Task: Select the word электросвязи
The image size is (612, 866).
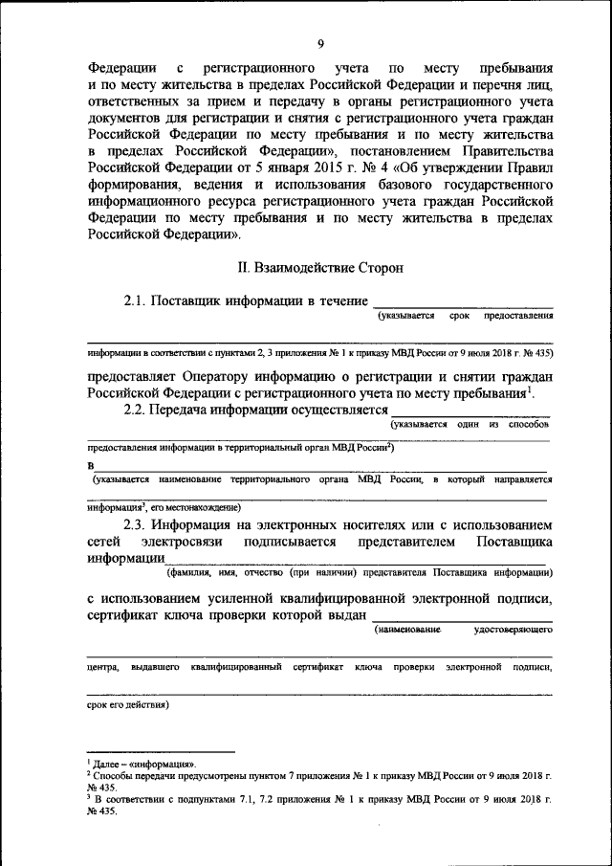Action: pyautogui.click(x=181, y=541)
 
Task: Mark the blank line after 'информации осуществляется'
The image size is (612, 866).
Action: pyautogui.click(x=470, y=411)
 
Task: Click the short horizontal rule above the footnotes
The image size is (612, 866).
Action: pyautogui.click(x=161, y=753)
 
